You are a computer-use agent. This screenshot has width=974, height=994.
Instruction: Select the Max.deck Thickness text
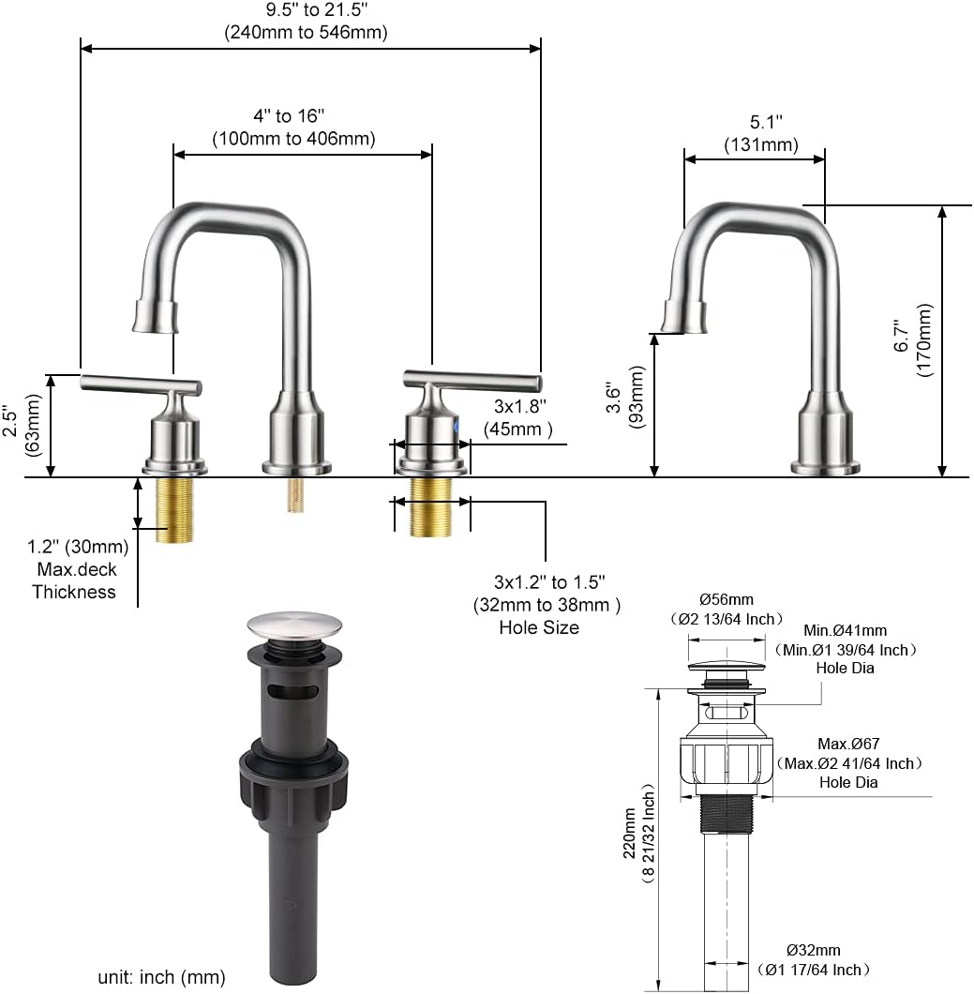(x=75, y=580)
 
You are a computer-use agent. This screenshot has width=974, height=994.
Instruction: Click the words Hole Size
(x=539, y=627)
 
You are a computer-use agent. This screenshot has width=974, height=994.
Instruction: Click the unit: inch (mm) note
(x=161, y=976)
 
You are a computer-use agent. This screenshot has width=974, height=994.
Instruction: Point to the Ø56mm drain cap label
(x=727, y=609)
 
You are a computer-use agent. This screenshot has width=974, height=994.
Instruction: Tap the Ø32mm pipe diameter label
(x=814, y=959)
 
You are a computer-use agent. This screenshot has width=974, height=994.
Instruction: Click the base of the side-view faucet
(x=825, y=463)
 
